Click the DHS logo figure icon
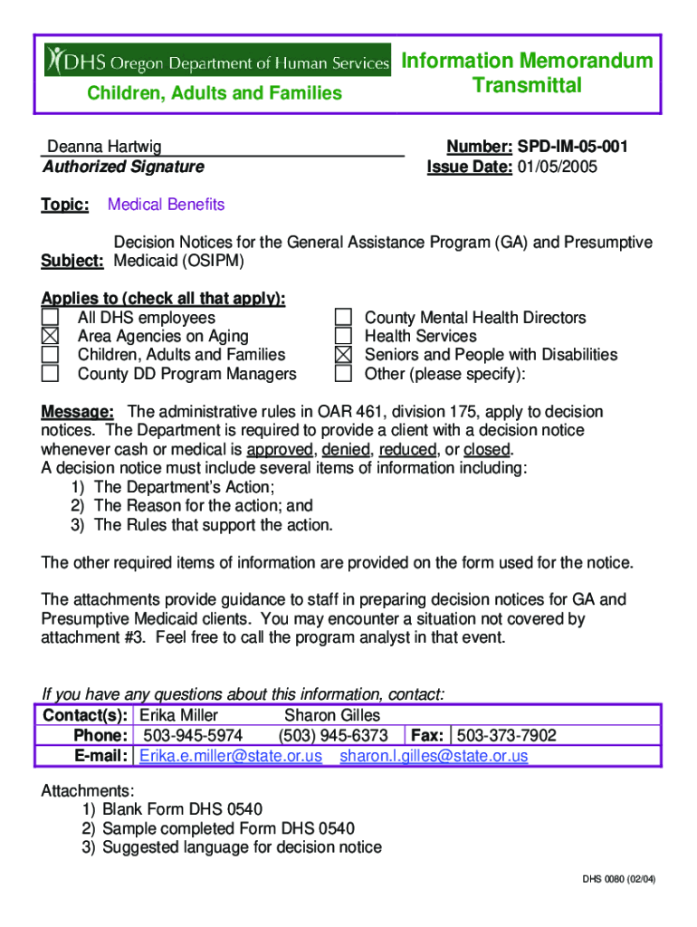click(58, 60)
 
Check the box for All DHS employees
click(50, 318)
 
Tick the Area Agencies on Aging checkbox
click(50, 337)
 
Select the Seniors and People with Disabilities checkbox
click(343, 355)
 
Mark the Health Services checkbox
click(343, 337)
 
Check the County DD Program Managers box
click(50, 374)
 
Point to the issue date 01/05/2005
click(557, 167)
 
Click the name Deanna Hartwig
click(104, 147)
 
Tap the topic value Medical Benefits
click(166, 205)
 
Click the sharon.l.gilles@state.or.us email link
click(434, 756)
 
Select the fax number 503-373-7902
click(507, 735)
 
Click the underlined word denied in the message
click(345, 450)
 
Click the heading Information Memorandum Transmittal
click(527, 73)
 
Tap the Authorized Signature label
click(123, 167)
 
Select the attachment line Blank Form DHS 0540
click(182, 809)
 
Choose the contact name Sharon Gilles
click(332, 715)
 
